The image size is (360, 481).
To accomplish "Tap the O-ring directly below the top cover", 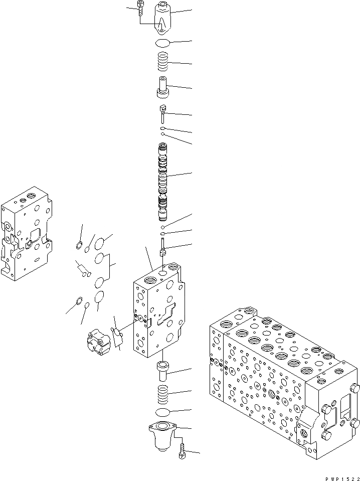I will tap(163, 43).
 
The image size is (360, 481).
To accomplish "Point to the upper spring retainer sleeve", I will tap(163, 88).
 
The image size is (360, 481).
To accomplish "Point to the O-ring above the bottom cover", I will tap(164, 412).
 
